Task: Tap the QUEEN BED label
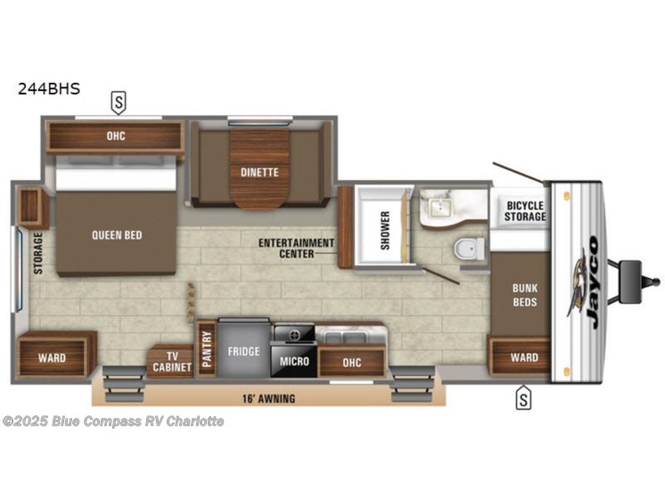117,235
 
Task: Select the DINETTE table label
259,172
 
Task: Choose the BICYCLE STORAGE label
525,212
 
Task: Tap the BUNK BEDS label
524,295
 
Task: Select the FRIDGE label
242,351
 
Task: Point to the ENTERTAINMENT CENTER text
297,248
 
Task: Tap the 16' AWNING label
268,398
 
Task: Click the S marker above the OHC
118,102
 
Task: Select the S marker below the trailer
523,400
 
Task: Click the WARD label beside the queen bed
51,358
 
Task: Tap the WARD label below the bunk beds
524,357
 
